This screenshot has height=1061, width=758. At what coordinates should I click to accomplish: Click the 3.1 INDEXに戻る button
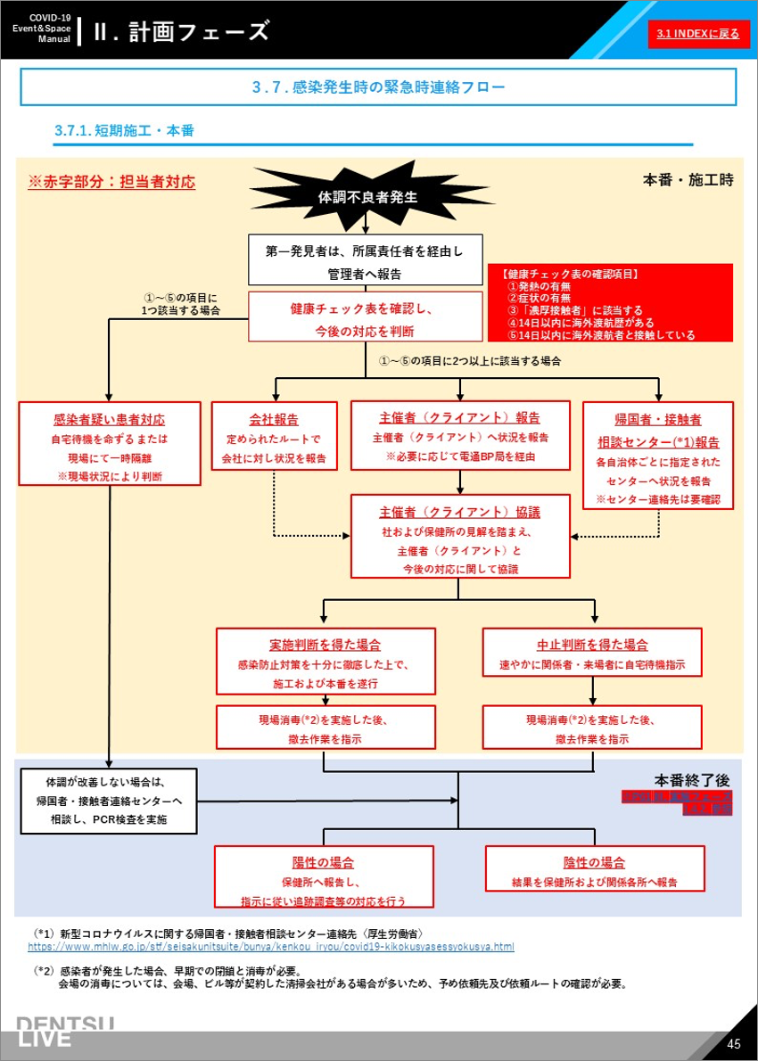point(697,34)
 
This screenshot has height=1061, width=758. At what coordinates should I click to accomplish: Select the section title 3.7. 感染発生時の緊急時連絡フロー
point(378,87)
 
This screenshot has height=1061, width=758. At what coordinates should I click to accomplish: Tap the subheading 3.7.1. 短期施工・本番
point(125,131)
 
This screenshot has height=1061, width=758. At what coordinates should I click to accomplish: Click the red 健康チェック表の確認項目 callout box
point(610,303)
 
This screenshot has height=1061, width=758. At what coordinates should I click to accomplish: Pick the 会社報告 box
point(274,435)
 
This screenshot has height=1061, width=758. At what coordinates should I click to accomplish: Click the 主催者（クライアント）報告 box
point(460,435)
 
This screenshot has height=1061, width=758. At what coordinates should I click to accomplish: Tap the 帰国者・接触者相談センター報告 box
point(658,455)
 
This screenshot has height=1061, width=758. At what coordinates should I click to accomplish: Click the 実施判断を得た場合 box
point(325,661)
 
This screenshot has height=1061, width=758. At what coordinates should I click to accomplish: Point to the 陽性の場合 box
point(323,878)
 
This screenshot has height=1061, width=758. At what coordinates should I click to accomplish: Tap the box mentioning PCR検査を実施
point(108,801)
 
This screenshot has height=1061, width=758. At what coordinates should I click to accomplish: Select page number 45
point(733,1044)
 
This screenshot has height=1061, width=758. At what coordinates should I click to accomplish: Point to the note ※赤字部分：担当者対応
point(112,181)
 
